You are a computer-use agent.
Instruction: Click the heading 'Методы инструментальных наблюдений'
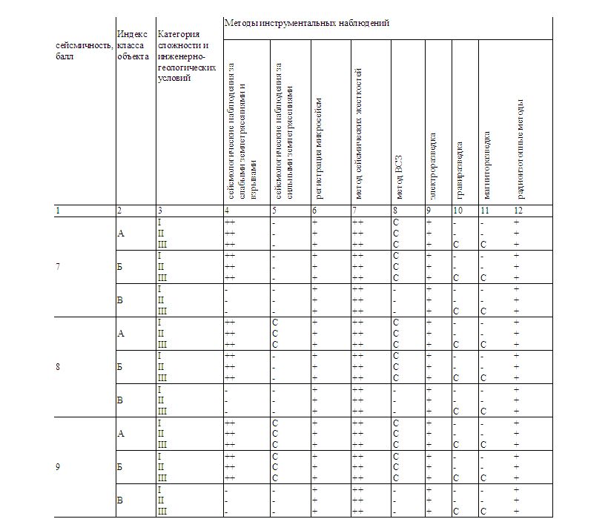click(x=306, y=24)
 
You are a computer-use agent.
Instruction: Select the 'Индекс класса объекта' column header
click(x=132, y=44)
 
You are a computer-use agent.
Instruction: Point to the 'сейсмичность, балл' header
click(x=84, y=50)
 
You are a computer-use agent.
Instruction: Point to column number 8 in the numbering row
click(x=395, y=211)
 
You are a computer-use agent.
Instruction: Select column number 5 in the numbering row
click(x=274, y=211)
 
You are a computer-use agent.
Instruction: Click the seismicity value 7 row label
click(x=58, y=266)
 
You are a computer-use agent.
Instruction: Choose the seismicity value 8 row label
click(x=58, y=366)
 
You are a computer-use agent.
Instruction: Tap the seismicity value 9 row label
click(x=58, y=466)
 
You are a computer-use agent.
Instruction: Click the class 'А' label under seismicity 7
click(x=121, y=234)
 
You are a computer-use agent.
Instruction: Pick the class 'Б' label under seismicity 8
click(x=121, y=366)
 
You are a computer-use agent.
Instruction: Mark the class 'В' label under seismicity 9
click(x=121, y=500)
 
